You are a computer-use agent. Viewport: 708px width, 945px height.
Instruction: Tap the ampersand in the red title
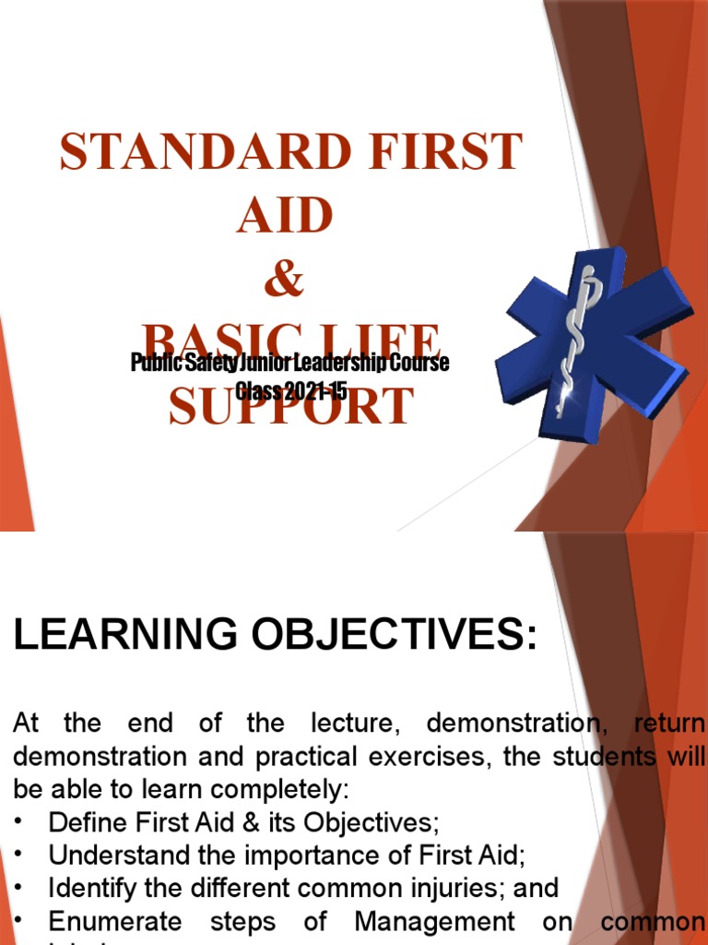click(284, 279)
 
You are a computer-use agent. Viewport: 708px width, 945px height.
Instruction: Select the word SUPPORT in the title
click(290, 408)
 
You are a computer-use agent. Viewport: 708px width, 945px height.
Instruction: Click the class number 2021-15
click(305, 391)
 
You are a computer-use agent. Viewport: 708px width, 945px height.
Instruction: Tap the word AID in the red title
click(284, 216)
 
